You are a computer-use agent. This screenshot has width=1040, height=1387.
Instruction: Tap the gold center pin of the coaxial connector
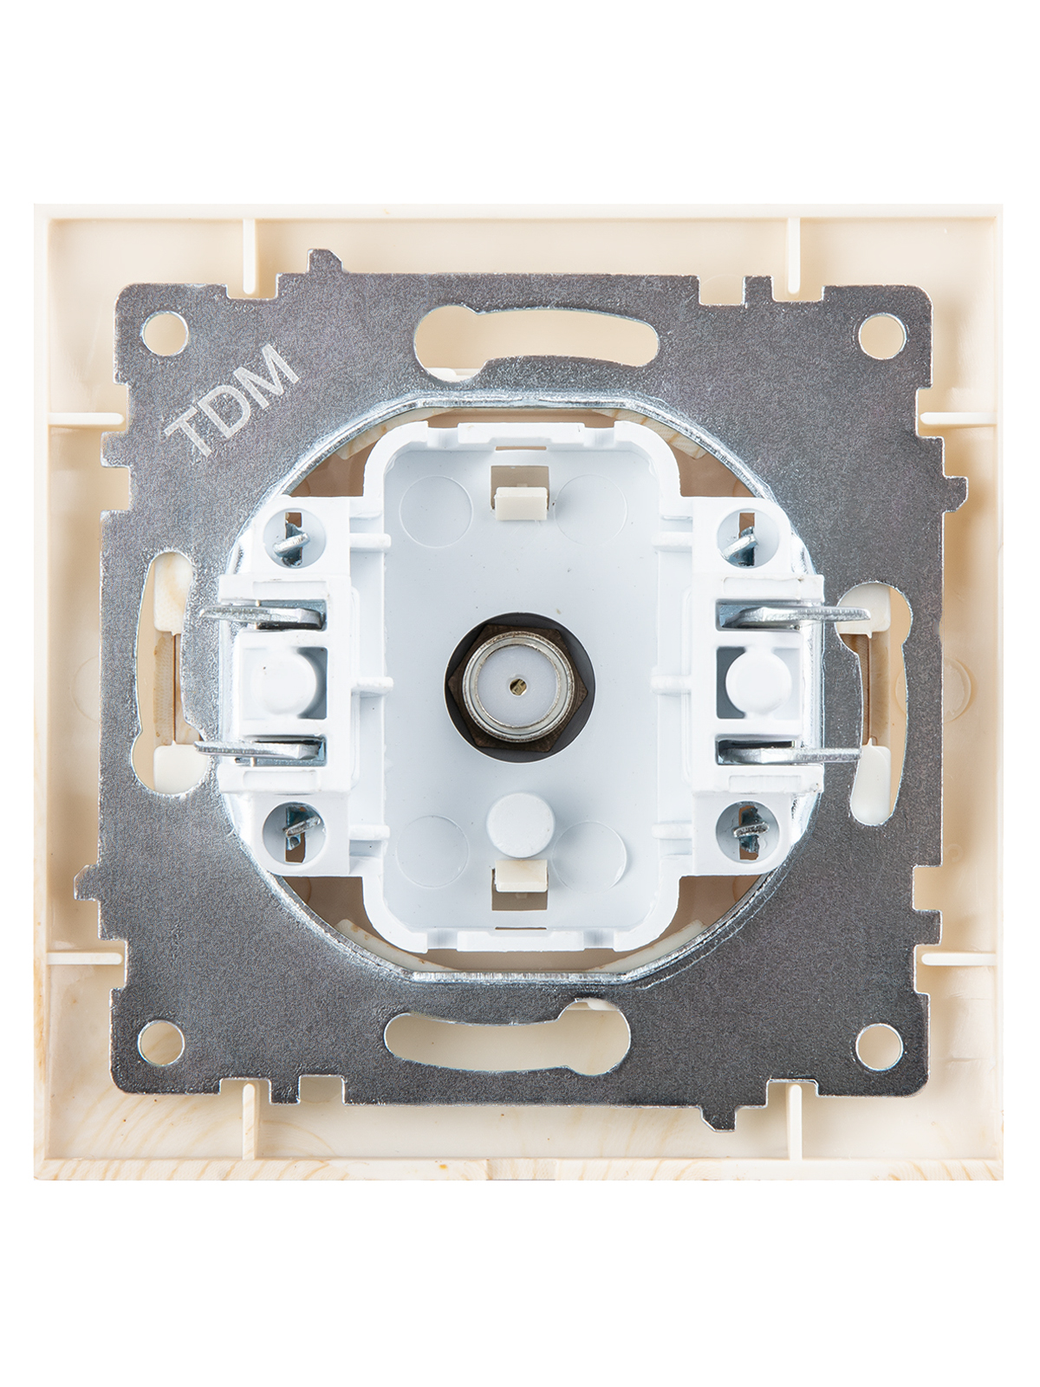coord(518,684)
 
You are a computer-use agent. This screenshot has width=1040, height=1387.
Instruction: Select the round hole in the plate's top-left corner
coord(164,334)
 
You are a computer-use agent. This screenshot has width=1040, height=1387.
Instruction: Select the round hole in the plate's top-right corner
coord(881,334)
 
